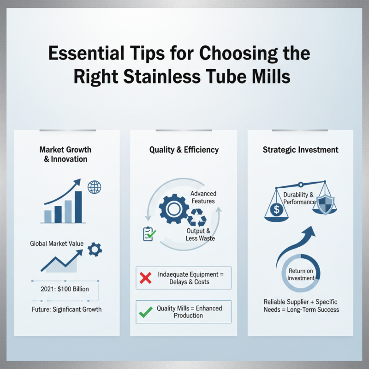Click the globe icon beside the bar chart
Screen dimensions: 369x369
tap(94, 187)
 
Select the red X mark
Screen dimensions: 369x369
tap(146, 278)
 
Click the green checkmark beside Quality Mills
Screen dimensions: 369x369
tap(146, 312)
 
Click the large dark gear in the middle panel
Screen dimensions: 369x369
tap(172, 209)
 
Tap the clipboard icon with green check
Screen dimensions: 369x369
tap(149, 234)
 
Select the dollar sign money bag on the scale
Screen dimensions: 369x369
tap(276, 210)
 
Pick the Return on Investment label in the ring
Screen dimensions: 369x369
tap(301, 274)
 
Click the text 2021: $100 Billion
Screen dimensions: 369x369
tap(65, 289)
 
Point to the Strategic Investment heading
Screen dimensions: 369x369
tap(300, 149)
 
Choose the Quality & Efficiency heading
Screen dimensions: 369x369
tap(184, 149)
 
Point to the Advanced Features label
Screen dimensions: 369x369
tap(203, 197)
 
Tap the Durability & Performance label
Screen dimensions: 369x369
tap(300, 198)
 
